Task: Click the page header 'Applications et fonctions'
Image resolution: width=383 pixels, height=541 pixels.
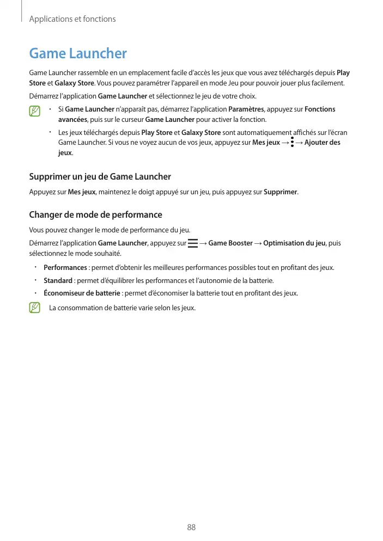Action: click(72, 19)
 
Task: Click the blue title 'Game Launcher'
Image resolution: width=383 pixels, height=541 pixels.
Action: click(78, 53)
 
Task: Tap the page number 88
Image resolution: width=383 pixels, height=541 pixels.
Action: click(191, 527)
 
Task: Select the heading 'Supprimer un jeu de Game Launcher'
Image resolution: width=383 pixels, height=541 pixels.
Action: click(100, 176)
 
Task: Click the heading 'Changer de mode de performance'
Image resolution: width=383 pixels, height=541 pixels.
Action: click(95, 214)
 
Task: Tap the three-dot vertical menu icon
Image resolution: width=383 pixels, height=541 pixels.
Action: click(293, 143)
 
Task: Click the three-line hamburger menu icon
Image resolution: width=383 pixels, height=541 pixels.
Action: click(192, 243)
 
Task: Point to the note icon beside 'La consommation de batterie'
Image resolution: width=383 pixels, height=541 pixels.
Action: click(35, 308)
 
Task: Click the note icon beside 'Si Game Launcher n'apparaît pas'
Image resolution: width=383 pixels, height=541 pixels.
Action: click(35, 111)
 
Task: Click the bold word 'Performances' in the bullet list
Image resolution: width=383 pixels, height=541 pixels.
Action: click(65, 268)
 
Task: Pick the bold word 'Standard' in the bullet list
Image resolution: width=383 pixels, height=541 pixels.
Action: click(58, 280)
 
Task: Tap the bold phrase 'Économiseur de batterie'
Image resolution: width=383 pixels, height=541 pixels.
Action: click(82, 293)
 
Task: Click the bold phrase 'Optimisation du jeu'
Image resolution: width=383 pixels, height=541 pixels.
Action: click(294, 243)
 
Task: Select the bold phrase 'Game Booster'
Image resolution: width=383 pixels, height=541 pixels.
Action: click(230, 243)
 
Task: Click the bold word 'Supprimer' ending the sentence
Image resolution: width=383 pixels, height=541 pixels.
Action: click(281, 192)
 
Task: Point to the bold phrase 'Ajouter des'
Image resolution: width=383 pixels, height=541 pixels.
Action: click(323, 143)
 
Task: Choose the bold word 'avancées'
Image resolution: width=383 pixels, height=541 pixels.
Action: click(72, 120)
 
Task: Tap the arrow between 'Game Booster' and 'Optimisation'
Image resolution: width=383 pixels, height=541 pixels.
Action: click(258, 243)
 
